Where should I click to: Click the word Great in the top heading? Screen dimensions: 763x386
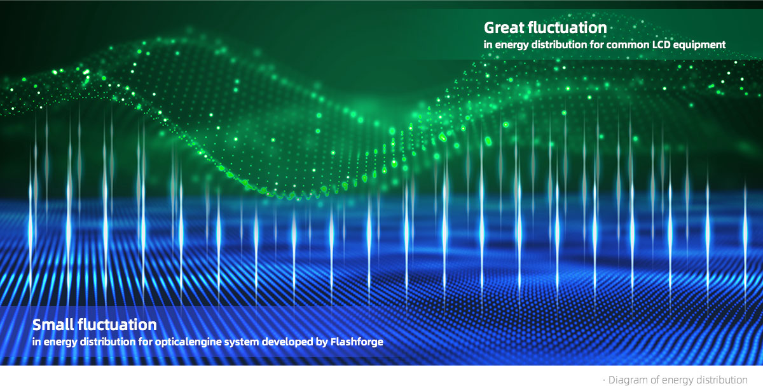504,28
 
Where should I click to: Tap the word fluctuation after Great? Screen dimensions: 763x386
567,27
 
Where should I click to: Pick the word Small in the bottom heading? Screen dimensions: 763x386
53,325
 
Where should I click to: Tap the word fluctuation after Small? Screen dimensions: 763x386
117,325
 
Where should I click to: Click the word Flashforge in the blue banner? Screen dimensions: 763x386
357,342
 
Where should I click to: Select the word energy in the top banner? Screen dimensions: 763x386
512,45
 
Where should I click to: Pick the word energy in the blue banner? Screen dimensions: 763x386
60,342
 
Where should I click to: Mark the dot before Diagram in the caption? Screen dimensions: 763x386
604,380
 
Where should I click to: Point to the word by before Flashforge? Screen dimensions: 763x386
322,342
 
